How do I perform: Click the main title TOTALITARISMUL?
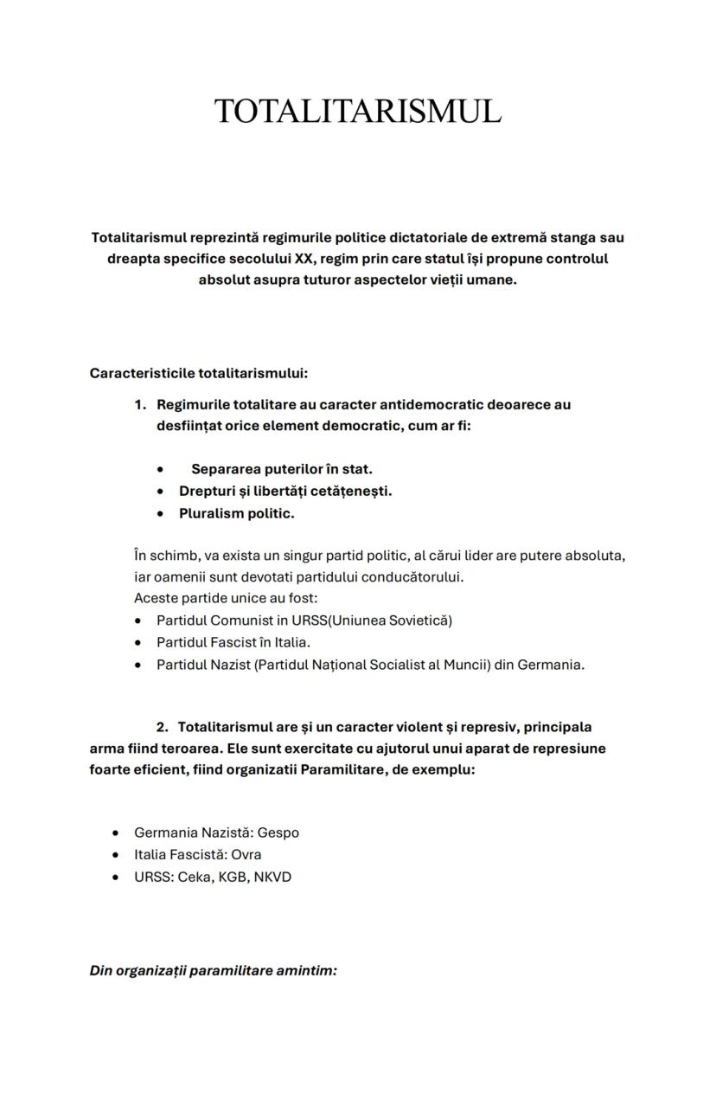357,112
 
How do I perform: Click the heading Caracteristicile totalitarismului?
198,373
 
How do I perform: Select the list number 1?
139,404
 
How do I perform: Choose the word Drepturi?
207,492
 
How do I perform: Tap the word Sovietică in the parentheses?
419,620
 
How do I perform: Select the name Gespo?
278,833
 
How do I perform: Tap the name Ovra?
246,855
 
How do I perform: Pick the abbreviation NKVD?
272,878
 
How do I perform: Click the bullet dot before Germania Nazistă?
116,833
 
